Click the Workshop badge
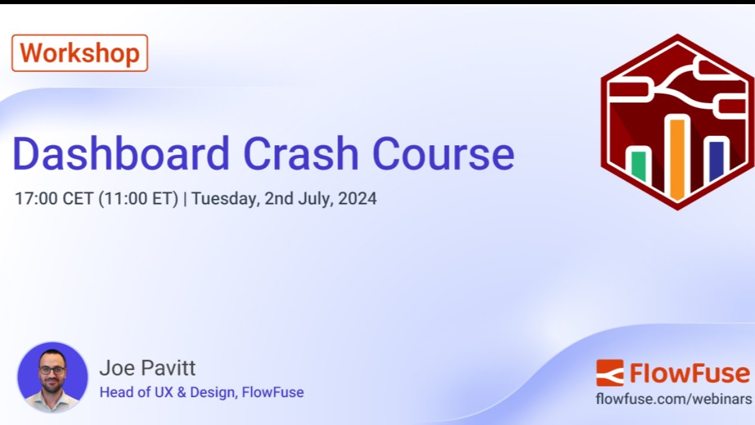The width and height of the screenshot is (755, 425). coord(80,53)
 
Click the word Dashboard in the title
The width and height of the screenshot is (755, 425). coord(121,154)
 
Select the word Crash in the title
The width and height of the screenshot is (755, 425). coord(301,154)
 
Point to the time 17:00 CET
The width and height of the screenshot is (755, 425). coord(54,198)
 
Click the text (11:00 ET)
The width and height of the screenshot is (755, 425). coord(138,198)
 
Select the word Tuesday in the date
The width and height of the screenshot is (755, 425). coord(225,198)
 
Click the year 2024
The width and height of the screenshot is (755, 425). coord(357,198)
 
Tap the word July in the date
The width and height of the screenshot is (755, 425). coord(313,198)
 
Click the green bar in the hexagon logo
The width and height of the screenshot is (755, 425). coord(639,166)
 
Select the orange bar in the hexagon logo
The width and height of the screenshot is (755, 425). coord(677,157)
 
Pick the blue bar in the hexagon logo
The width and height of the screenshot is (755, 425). coord(716,161)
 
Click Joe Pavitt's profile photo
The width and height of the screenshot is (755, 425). coord(52,377)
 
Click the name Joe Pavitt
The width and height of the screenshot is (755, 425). coord(147,368)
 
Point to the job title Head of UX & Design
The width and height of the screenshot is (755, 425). coord(169,392)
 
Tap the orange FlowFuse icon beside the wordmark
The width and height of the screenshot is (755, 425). coord(609,373)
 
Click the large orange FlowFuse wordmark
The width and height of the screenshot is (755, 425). coord(690,373)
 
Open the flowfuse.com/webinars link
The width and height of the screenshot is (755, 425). coord(674,398)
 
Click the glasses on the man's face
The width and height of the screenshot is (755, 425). coord(52,370)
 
